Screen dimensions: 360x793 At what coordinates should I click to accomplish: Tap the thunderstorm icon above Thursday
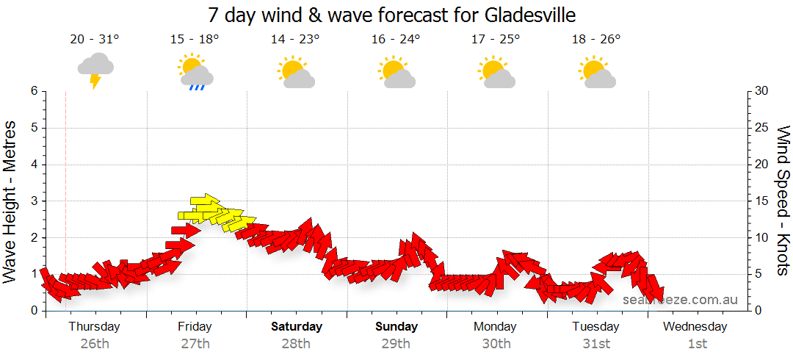(x=95, y=70)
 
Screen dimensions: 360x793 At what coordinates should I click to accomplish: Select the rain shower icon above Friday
(x=195, y=71)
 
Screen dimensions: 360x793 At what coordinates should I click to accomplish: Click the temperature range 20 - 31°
(x=95, y=40)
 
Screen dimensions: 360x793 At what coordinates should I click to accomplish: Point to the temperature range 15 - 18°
(x=195, y=40)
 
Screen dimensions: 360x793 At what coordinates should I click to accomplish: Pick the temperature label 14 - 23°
(x=295, y=40)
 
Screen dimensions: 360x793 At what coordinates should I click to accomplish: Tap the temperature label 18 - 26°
(x=596, y=40)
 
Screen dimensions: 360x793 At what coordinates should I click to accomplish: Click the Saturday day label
(x=296, y=326)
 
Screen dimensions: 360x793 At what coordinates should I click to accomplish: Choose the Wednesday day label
(x=696, y=326)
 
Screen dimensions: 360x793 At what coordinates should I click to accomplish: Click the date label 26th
(x=95, y=343)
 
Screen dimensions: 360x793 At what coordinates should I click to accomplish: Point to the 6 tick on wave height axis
(x=34, y=91)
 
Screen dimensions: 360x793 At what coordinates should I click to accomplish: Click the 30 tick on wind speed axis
(x=762, y=91)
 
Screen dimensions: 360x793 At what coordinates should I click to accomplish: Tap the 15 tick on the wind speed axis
(x=762, y=201)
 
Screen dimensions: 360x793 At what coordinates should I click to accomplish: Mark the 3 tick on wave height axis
(x=34, y=201)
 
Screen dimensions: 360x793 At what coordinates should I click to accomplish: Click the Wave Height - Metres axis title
(x=10, y=201)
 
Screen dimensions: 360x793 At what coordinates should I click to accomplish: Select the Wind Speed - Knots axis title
(x=783, y=201)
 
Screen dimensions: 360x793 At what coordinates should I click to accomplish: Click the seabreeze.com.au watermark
(x=680, y=300)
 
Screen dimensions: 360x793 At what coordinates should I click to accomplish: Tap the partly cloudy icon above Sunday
(x=396, y=71)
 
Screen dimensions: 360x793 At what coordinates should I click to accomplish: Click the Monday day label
(x=496, y=326)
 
